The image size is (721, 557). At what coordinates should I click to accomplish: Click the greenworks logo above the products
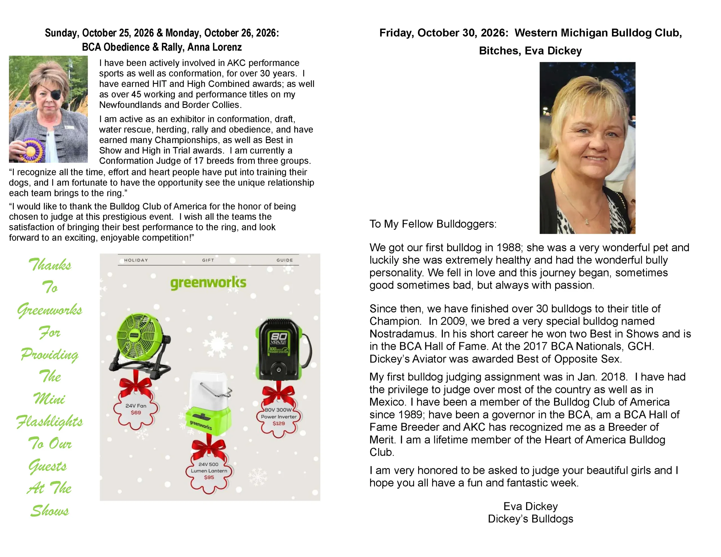pyautogui.click(x=208, y=283)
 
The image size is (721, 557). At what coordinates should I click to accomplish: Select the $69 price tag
pyautogui.click(x=136, y=413)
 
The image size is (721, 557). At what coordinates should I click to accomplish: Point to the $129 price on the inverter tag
pyautogui.click(x=279, y=423)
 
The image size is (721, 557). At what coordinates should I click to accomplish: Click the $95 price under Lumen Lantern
pyautogui.click(x=209, y=477)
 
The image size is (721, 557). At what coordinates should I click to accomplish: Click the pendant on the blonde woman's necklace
pyautogui.click(x=587, y=221)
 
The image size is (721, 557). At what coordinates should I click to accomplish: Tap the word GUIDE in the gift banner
pyautogui.click(x=284, y=260)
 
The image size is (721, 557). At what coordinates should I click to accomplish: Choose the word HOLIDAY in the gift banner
pyautogui.click(x=136, y=260)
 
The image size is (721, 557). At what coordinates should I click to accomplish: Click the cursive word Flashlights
pyautogui.click(x=50, y=422)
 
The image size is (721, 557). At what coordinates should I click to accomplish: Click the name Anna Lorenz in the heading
pyautogui.click(x=215, y=47)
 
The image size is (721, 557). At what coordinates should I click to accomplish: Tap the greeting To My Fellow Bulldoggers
pyautogui.click(x=433, y=224)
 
